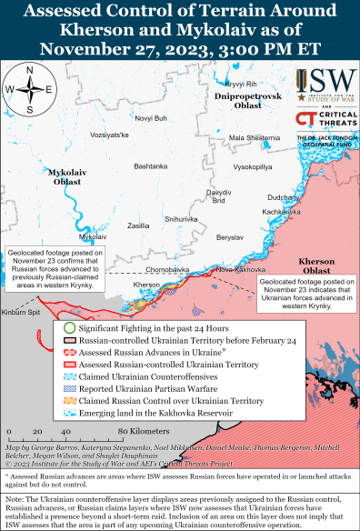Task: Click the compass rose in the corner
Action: coord(30,88)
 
